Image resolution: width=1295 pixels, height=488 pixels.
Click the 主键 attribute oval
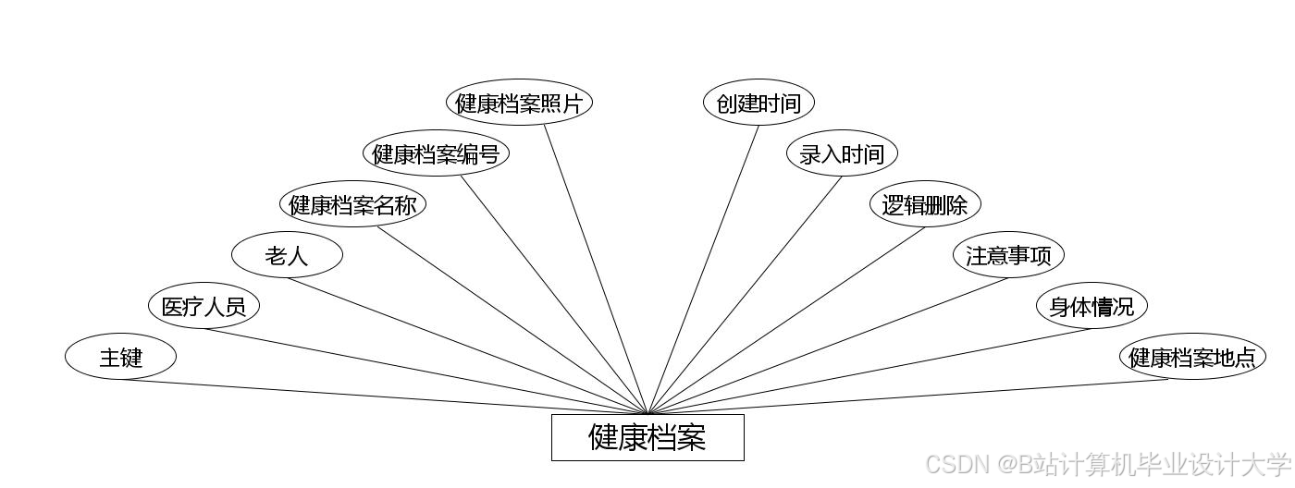(x=120, y=357)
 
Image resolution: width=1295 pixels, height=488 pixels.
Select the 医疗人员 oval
(x=203, y=306)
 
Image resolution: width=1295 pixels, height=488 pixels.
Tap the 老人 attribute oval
(x=287, y=255)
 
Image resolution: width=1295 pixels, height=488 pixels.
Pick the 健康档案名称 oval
(x=352, y=204)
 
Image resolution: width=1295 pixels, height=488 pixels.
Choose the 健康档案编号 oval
(x=436, y=153)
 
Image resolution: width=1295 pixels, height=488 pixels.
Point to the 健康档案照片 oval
(x=519, y=103)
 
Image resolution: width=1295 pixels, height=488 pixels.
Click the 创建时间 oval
(x=758, y=103)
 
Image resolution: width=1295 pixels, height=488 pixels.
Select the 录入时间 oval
(x=842, y=153)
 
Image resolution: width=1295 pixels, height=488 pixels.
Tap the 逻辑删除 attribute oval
(x=925, y=204)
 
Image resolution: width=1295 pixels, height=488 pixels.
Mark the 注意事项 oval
(x=1008, y=255)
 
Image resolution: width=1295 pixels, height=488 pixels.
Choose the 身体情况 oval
(x=1091, y=306)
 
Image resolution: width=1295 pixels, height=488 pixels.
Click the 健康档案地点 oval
(x=1192, y=357)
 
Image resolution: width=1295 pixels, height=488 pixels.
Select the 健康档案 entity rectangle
(x=647, y=437)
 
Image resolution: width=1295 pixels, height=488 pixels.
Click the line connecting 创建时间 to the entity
(x=704, y=269)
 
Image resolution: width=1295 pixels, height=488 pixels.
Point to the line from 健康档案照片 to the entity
(x=596, y=269)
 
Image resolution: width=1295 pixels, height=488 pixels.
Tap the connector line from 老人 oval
(x=467, y=346)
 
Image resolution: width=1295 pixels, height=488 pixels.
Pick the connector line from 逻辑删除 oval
(x=786, y=320)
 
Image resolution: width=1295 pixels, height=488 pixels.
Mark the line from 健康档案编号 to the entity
(x=555, y=295)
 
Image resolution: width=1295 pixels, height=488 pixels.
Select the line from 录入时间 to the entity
(x=745, y=295)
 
